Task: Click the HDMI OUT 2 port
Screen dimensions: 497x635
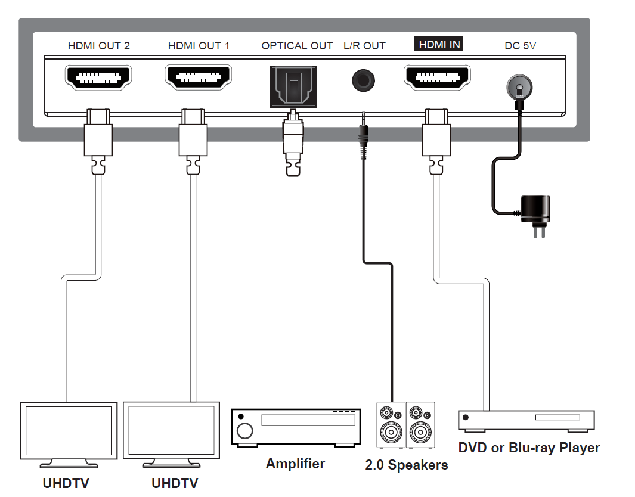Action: click(x=98, y=77)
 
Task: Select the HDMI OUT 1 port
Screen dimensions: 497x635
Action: click(x=199, y=77)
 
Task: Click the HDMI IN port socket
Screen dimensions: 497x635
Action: click(x=438, y=77)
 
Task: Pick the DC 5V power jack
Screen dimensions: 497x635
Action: click(x=519, y=88)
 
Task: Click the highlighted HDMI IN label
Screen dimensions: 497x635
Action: click(x=439, y=45)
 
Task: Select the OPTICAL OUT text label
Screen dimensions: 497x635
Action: click(x=297, y=45)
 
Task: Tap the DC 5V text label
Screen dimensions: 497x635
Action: click(x=521, y=45)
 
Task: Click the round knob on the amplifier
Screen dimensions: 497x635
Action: click(x=244, y=431)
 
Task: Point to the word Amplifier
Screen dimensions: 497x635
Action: click(x=295, y=464)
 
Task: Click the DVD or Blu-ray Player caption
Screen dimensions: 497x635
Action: click(x=529, y=448)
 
